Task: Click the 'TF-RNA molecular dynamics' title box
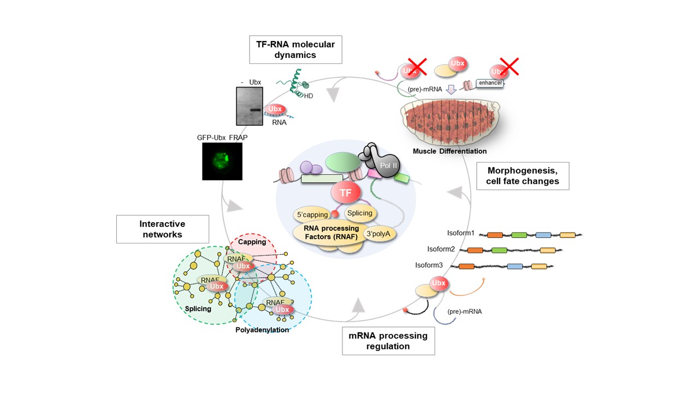295,49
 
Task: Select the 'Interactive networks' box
163,229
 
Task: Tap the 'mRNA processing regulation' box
388,341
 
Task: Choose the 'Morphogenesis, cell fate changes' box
523,176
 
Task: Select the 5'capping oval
309,215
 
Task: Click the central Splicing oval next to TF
359,213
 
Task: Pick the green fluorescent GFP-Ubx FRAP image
222,162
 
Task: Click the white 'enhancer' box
489,83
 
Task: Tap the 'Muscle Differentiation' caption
449,151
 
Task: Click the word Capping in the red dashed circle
252,242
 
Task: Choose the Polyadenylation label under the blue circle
262,330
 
